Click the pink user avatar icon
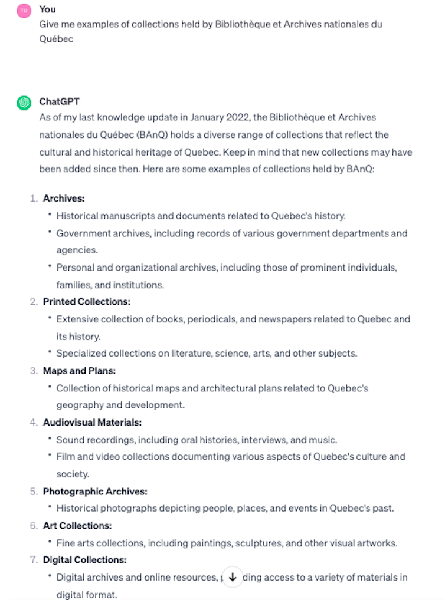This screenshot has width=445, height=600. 24,10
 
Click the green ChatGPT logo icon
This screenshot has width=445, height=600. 24,103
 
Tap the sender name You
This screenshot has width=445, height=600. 47,9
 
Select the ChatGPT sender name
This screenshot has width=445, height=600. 59,101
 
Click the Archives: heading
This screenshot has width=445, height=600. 64,199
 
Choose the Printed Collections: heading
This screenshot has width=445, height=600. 86,302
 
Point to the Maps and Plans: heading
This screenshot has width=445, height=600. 79,371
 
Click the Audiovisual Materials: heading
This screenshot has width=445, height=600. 92,422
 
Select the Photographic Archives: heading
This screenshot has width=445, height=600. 95,491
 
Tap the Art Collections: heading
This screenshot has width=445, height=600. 77,525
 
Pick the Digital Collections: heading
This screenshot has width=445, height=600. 84,560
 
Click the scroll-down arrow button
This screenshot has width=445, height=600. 233,578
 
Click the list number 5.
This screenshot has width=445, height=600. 34,491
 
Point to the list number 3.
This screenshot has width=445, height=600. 34,371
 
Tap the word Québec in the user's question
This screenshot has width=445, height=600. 56,39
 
